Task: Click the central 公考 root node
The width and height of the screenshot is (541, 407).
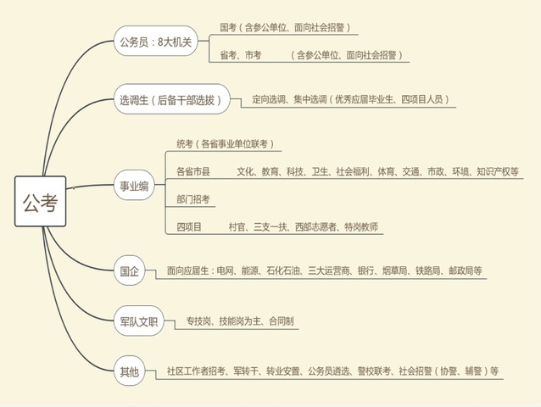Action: coord(40,201)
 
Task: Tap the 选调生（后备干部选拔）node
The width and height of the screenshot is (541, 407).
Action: coord(172,100)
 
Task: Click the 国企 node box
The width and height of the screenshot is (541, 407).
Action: coord(129,272)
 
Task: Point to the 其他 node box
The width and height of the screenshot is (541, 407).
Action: coord(129,370)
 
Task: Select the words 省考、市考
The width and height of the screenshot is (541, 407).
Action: coord(241,54)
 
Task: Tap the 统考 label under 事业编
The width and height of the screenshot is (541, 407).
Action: coord(186,143)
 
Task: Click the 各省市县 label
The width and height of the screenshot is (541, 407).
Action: coord(193,171)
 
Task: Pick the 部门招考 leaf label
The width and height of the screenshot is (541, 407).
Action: coord(193,199)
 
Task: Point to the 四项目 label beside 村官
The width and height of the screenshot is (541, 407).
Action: coord(189,227)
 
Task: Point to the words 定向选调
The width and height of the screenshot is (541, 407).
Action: coord(270,100)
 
